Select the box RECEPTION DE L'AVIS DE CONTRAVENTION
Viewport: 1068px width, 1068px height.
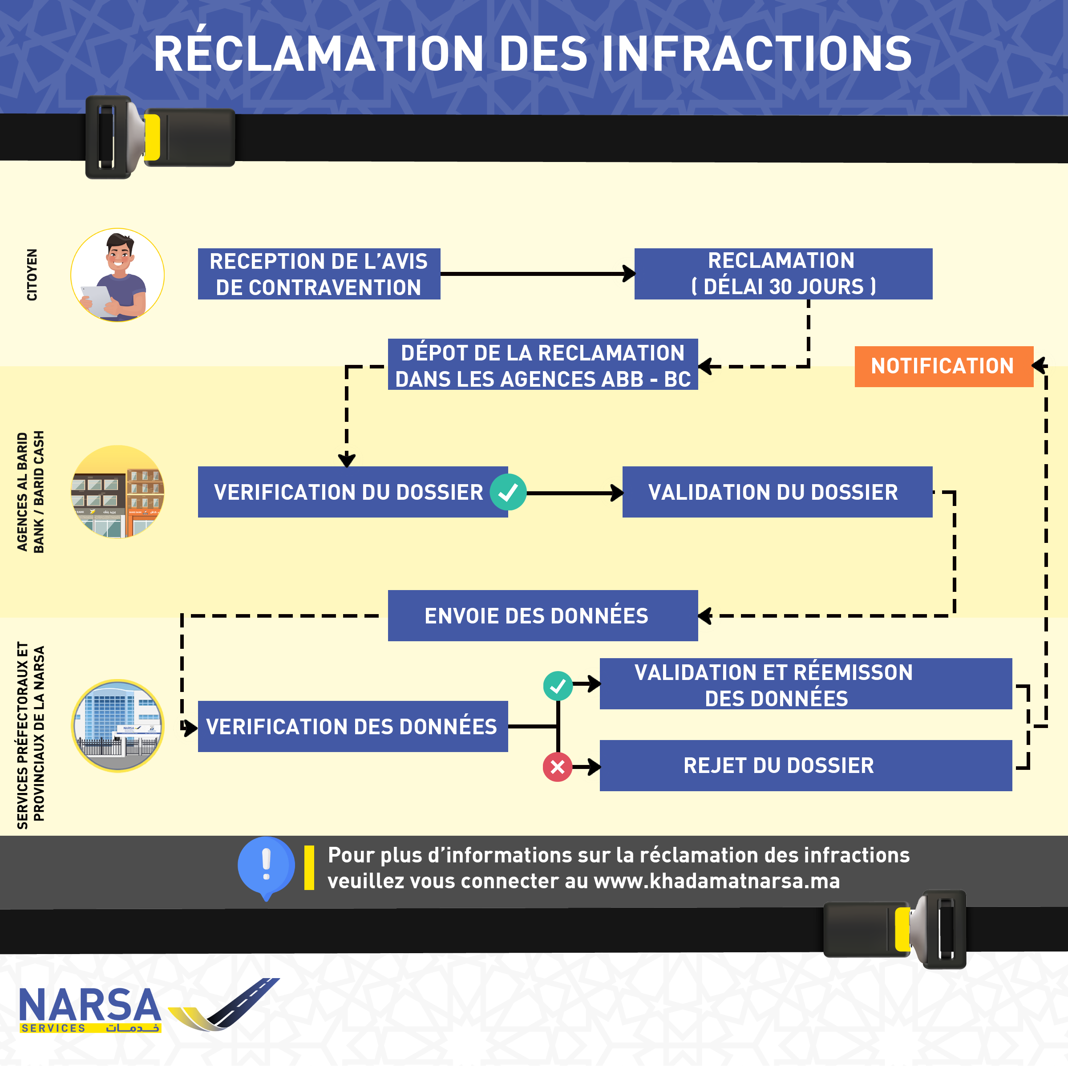point(319,274)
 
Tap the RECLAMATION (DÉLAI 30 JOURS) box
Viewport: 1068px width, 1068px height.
point(783,274)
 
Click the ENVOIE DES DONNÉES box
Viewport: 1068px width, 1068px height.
point(542,615)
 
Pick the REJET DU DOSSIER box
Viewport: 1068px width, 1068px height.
point(805,765)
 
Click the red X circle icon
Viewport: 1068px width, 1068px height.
point(557,767)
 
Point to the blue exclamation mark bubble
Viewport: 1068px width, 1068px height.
point(266,866)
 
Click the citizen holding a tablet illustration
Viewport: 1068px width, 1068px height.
point(117,275)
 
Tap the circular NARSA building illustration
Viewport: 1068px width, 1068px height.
point(117,725)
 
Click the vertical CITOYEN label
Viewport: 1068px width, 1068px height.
point(32,275)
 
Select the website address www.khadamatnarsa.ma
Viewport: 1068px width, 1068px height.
point(716,881)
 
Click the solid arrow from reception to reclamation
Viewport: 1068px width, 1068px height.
point(536,273)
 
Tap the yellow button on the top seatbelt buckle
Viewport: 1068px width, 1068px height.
point(152,137)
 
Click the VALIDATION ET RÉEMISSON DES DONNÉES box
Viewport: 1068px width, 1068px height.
point(805,684)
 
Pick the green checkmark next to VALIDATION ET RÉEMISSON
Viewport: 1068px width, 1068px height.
point(558,685)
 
